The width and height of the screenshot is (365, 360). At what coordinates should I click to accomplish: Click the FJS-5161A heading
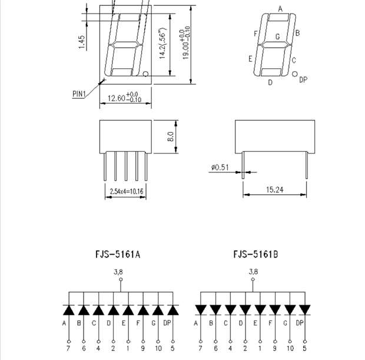click(118, 254)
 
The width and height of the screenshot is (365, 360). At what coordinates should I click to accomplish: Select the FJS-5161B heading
click(255, 254)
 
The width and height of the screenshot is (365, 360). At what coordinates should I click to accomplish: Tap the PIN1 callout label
click(79, 94)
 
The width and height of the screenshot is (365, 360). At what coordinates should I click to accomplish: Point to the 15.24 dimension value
click(275, 190)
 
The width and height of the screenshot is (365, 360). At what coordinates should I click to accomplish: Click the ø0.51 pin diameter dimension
click(220, 167)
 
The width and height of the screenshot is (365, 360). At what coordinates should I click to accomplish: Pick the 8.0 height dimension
click(170, 136)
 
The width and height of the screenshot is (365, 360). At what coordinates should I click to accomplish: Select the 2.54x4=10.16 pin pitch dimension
click(127, 191)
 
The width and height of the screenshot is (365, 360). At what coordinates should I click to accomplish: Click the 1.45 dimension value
click(81, 42)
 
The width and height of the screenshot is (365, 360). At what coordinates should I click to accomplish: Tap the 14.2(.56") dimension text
click(162, 44)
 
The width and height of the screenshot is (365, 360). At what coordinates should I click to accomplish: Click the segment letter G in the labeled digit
click(277, 36)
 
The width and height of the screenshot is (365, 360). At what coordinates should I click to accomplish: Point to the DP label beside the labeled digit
click(303, 80)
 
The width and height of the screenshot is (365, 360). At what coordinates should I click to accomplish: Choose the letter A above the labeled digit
click(280, 9)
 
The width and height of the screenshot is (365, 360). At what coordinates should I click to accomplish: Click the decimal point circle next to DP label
click(295, 74)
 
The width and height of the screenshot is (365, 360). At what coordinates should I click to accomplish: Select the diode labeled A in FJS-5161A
click(69, 310)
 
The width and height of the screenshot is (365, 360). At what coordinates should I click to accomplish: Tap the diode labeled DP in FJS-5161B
click(305, 310)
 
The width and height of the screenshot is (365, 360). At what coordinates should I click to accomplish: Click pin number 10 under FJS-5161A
click(158, 348)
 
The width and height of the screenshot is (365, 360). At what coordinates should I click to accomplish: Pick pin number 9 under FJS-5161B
click(275, 348)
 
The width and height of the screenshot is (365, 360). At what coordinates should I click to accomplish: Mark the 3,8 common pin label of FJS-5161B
click(253, 272)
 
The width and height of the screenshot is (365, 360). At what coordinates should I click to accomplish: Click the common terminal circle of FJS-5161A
click(121, 279)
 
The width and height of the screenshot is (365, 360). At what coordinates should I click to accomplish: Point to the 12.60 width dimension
click(116, 98)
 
